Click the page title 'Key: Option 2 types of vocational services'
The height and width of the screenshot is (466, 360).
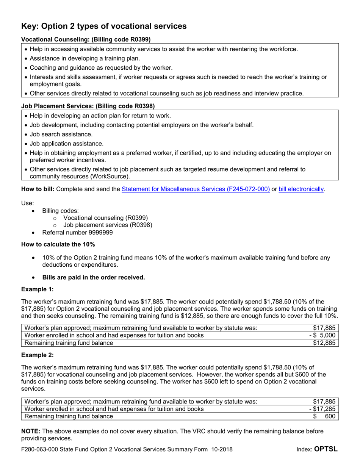(104, 26)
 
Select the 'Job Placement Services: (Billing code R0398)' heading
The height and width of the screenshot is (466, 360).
(88, 106)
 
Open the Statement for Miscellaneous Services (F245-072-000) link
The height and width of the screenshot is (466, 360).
(196, 189)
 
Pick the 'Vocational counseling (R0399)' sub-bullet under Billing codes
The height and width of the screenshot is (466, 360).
(105, 218)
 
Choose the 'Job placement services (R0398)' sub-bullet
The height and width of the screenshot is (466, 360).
(108, 225)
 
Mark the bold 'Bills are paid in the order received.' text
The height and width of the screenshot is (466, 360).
(94, 277)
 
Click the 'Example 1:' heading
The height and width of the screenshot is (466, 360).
(38, 289)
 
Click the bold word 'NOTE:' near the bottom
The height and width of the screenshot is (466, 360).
(31, 432)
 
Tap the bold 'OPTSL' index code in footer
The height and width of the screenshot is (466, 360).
(326, 450)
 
